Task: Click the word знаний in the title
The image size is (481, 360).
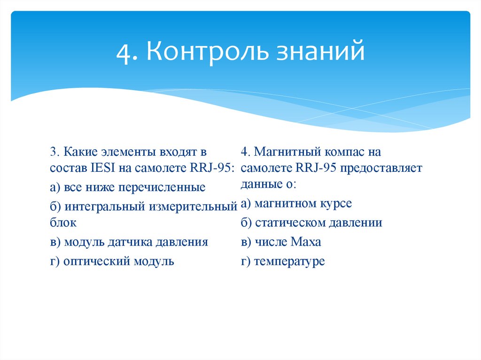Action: tap(320, 52)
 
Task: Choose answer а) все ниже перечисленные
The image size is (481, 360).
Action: tap(128, 188)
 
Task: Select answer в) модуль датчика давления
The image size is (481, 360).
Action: tap(129, 242)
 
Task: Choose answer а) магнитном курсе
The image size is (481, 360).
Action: tap(296, 204)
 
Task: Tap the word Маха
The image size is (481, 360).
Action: tap(306, 242)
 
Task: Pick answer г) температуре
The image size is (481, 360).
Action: tap(283, 261)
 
